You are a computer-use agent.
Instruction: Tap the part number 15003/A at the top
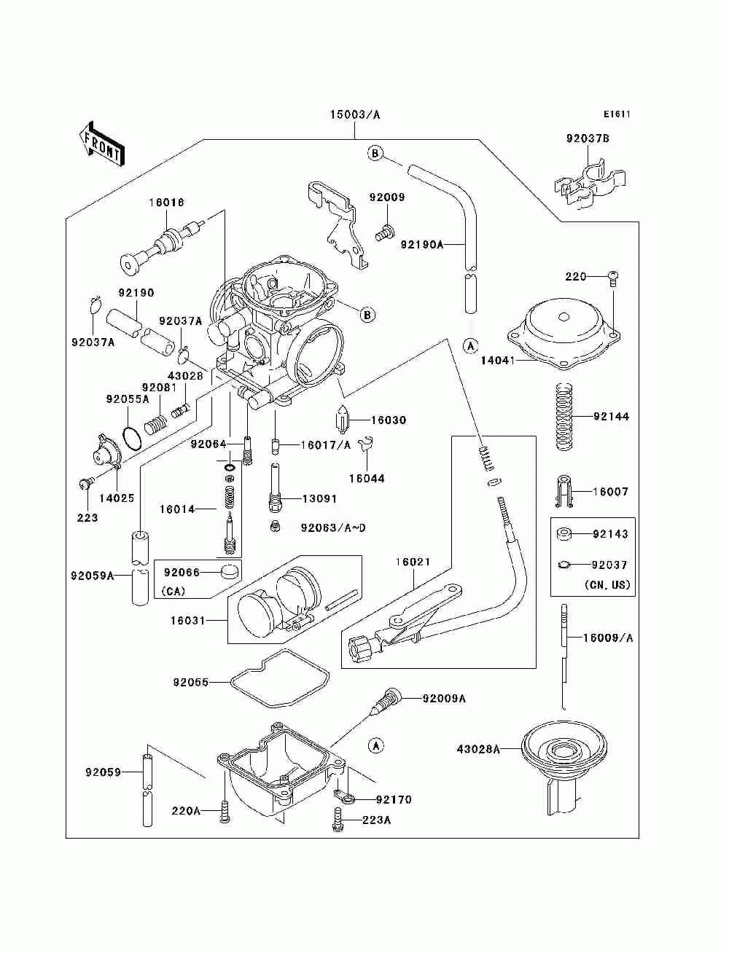coord(354,114)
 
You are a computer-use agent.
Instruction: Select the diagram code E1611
coord(617,114)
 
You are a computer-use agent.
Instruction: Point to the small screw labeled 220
coord(613,278)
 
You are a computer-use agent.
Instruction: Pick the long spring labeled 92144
coord(564,416)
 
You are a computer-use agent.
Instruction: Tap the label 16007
coord(610,492)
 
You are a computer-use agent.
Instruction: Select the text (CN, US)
coord(607,584)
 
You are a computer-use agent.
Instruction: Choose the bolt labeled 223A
coord(339,819)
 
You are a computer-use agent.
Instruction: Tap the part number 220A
coord(186,810)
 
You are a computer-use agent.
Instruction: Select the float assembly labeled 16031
coord(295,600)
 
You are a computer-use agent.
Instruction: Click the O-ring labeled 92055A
coord(133,438)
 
